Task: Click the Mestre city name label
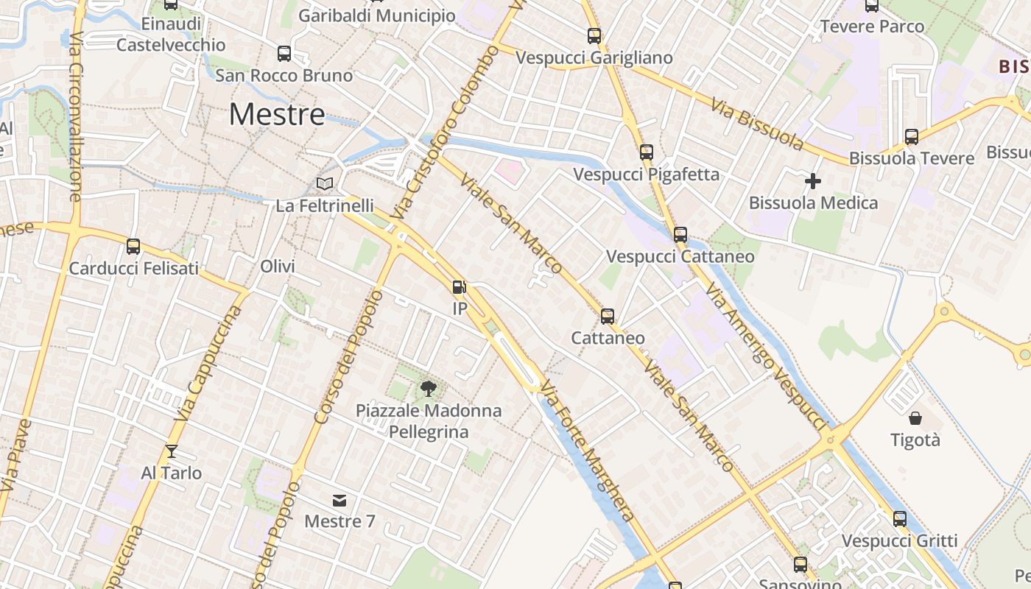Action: (x=277, y=114)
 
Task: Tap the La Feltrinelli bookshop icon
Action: (x=325, y=183)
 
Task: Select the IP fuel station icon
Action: (x=460, y=286)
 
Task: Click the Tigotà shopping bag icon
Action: (x=915, y=418)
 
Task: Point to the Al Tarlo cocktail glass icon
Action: (x=172, y=451)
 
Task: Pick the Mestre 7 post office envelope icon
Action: (x=339, y=501)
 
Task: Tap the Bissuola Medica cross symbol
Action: (x=813, y=180)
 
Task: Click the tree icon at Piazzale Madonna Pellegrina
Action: (x=428, y=388)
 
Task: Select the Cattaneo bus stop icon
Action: (x=608, y=316)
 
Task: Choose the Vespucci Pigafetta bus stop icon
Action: (x=647, y=152)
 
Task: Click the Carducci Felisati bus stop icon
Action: (x=133, y=246)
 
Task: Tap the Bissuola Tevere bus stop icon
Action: (x=912, y=136)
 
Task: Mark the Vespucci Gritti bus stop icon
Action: (x=900, y=518)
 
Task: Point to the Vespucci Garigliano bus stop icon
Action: (x=594, y=35)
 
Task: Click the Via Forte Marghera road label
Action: (x=587, y=451)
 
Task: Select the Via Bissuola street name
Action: (x=757, y=122)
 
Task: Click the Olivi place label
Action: (x=278, y=267)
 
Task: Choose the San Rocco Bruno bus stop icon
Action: (x=284, y=53)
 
